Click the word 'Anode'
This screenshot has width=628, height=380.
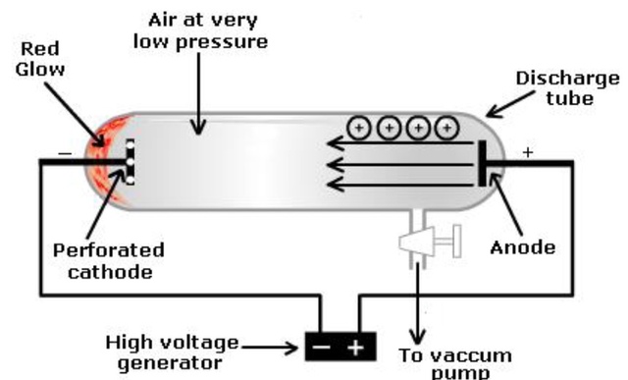(x=523, y=247)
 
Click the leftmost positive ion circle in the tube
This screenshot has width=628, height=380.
(x=360, y=128)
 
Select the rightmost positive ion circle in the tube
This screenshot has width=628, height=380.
(x=448, y=128)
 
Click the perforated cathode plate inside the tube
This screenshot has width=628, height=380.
(x=128, y=161)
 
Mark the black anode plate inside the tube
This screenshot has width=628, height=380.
(x=482, y=163)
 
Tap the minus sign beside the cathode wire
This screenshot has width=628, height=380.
(x=64, y=154)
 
